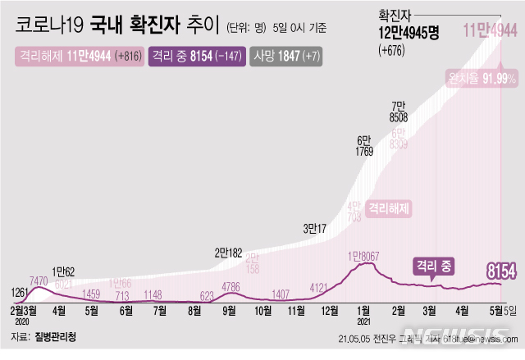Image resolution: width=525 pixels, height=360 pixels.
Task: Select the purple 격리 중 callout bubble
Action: (431, 266)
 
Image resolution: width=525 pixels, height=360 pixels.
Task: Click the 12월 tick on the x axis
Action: (331, 311)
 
